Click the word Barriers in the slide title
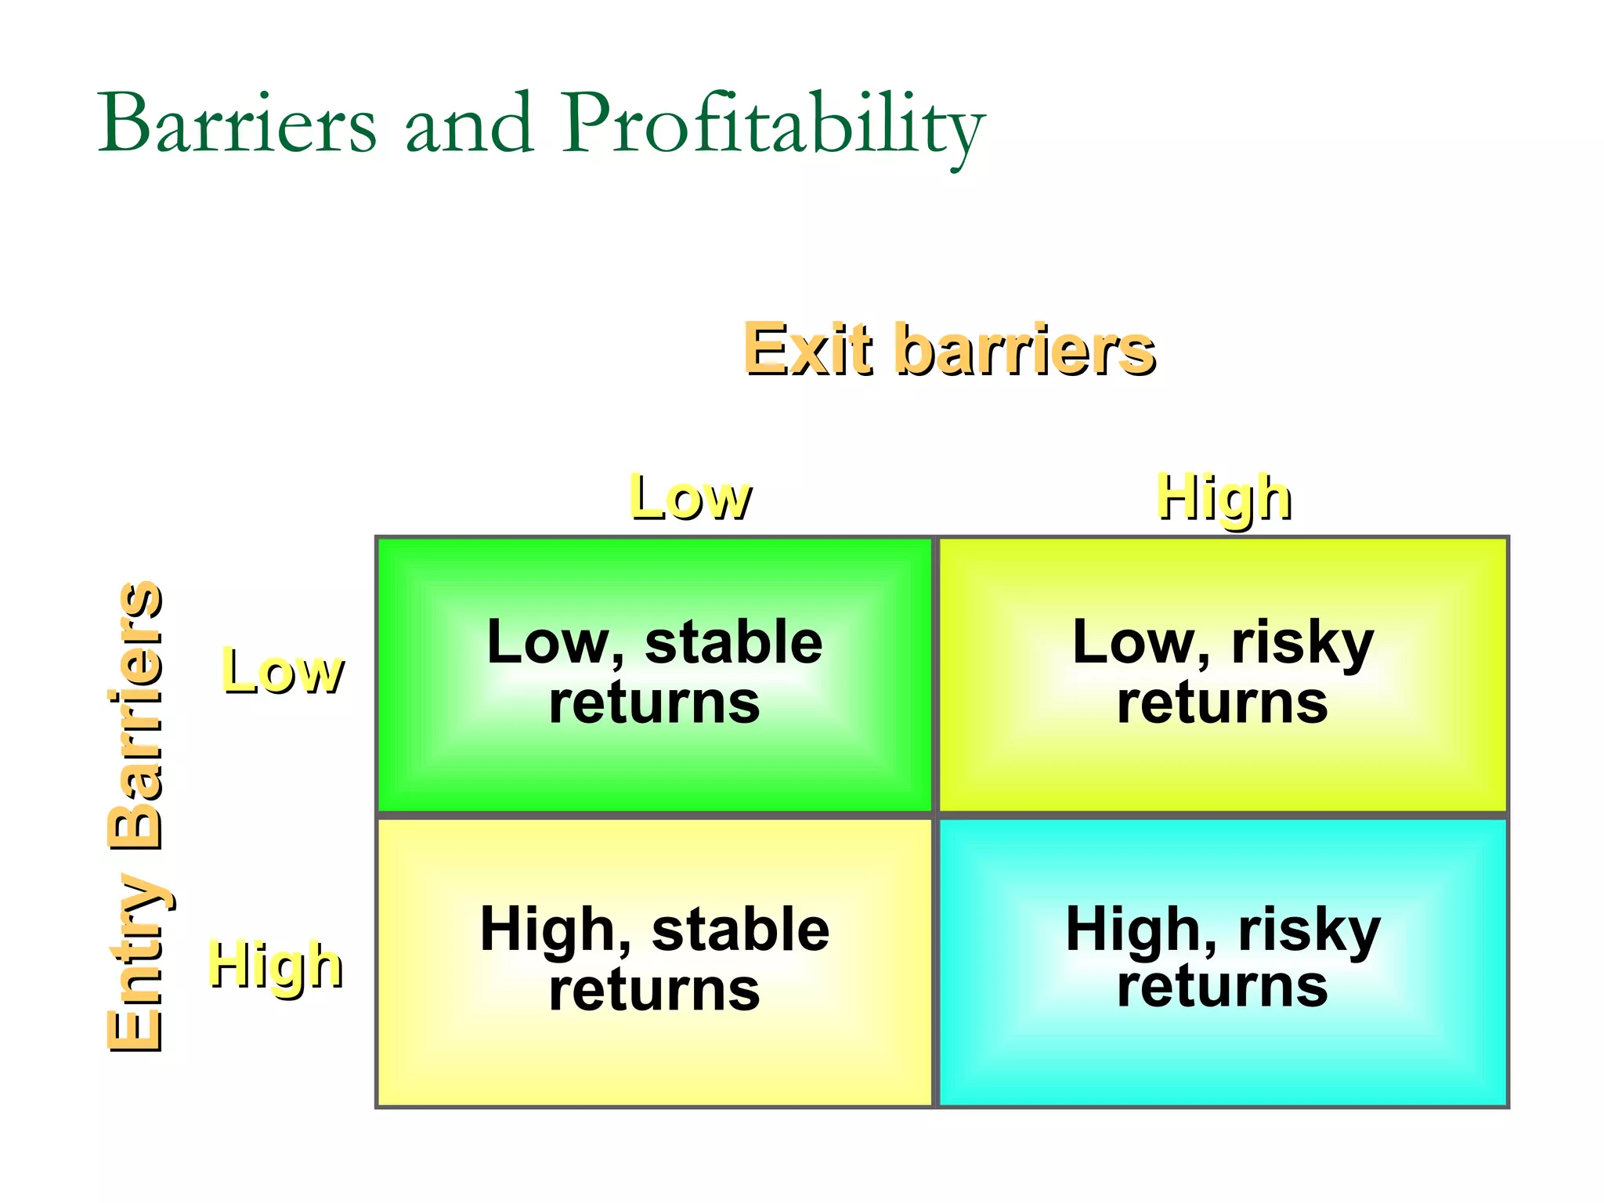237,124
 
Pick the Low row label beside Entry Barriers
282,670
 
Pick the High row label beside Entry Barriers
275,964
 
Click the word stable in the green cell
733,642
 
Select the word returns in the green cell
654,702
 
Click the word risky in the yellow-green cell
1302,642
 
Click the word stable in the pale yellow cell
740,930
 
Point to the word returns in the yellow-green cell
1222,702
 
